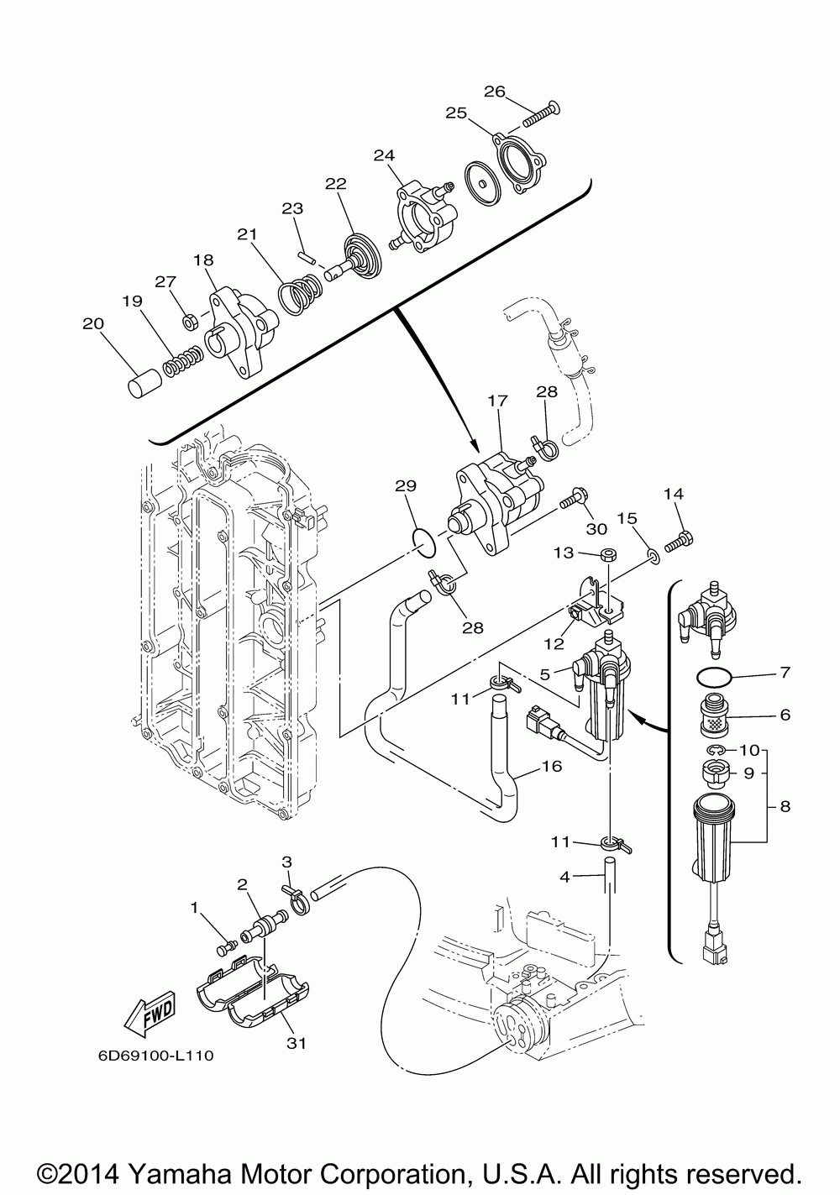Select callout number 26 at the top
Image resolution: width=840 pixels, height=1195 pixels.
click(x=494, y=92)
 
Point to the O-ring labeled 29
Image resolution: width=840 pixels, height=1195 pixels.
click(x=427, y=543)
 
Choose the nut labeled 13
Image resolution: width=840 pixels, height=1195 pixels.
click(x=610, y=554)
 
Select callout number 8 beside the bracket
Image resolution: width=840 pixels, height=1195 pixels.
click(x=785, y=807)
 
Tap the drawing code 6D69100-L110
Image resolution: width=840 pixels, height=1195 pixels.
click(x=155, y=1056)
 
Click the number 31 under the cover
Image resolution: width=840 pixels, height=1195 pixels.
click(x=295, y=1044)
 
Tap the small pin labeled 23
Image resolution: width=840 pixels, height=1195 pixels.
click(x=307, y=256)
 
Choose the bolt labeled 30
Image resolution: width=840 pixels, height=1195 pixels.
click(x=570, y=501)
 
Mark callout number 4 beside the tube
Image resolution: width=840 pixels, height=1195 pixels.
click(x=564, y=878)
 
